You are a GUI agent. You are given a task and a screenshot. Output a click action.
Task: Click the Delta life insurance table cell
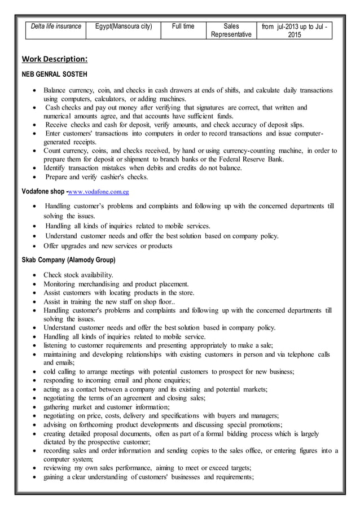[x=55, y=27]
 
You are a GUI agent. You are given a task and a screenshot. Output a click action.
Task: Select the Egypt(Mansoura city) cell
[x=123, y=27]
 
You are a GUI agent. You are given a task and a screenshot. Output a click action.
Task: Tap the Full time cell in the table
[x=183, y=27]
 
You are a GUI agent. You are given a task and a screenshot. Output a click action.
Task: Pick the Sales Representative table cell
[x=231, y=30]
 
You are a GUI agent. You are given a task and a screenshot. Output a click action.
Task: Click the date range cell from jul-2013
[x=294, y=30]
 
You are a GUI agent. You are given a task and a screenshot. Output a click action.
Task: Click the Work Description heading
[x=54, y=59]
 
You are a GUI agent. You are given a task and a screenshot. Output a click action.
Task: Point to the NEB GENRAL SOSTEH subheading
[x=54, y=74]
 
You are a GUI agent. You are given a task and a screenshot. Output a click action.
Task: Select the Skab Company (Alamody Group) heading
[x=68, y=260]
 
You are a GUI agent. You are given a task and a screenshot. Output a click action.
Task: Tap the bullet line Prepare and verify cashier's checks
[x=96, y=177]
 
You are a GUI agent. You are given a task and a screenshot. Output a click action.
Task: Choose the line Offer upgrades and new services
[x=108, y=245]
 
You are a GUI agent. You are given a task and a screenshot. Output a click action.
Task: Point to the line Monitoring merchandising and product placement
[x=116, y=284]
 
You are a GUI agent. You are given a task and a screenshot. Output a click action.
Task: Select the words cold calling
[x=60, y=371]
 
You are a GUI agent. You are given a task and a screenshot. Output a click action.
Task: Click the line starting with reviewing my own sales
[x=147, y=468]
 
